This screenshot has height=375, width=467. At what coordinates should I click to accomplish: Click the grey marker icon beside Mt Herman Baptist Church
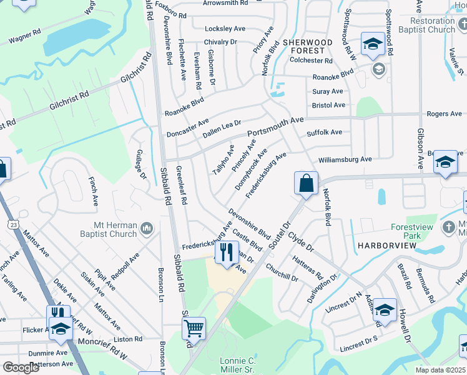pos(146,229)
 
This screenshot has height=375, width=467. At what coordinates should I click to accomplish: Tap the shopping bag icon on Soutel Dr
pos(306,183)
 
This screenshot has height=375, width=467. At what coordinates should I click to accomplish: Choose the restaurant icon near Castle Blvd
pos(225,252)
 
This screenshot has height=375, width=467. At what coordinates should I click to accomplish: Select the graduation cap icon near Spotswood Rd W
pos(373,44)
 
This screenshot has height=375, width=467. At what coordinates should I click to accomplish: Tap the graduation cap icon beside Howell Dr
pos(385,311)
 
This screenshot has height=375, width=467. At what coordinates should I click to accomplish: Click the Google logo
pos(21,367)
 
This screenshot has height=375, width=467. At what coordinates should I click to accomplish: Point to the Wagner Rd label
pos(25,36)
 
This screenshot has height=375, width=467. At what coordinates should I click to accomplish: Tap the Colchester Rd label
pos(311,61)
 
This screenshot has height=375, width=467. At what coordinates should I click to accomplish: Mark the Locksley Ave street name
pos(225,29)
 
